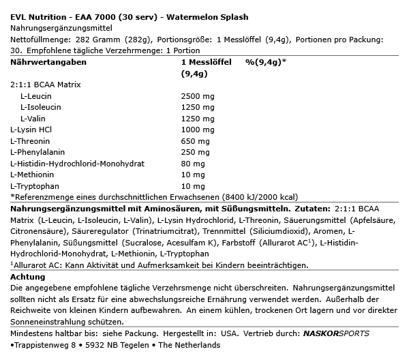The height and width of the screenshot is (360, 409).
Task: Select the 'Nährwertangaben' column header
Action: (x=48, y=62)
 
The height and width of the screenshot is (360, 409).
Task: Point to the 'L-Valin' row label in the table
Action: (x=34, y=118)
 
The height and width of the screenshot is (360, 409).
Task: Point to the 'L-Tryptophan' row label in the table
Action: (x=35, y=185)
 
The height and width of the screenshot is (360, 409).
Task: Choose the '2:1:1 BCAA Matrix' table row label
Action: (x=45, y=85)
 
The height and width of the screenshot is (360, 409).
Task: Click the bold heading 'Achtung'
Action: (x=29, y=277)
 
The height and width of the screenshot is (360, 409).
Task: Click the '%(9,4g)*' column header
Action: (x=266, y=62)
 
